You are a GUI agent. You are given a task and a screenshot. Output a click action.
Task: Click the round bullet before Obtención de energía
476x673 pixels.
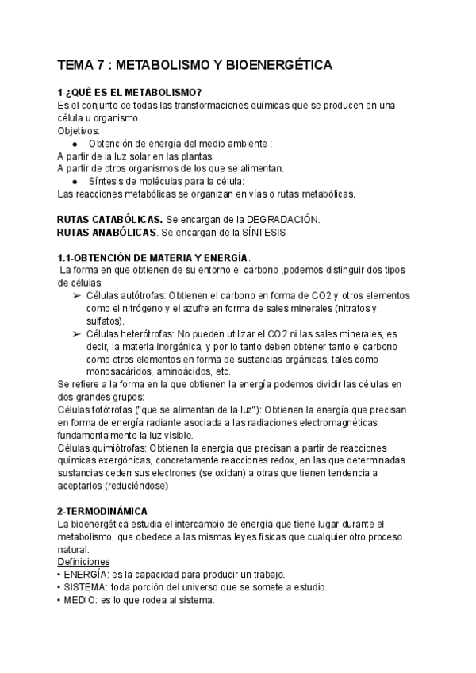point(74,144)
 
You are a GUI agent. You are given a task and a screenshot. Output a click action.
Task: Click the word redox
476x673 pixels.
point(286,461)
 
